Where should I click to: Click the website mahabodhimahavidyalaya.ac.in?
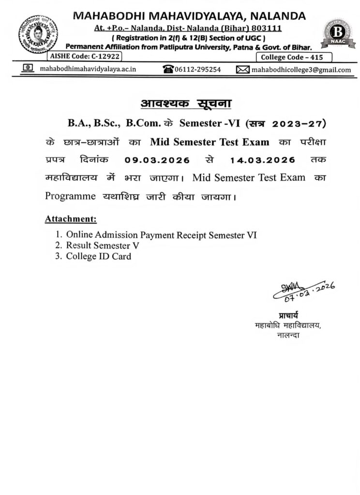click(x=87, y=70)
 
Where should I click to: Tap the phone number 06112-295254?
click(x=198, y=70)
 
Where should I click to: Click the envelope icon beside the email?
click(x=242, y=70)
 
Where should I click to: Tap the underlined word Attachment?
click(x=71, y=219)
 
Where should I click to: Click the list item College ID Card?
click(x=99, y=257)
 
